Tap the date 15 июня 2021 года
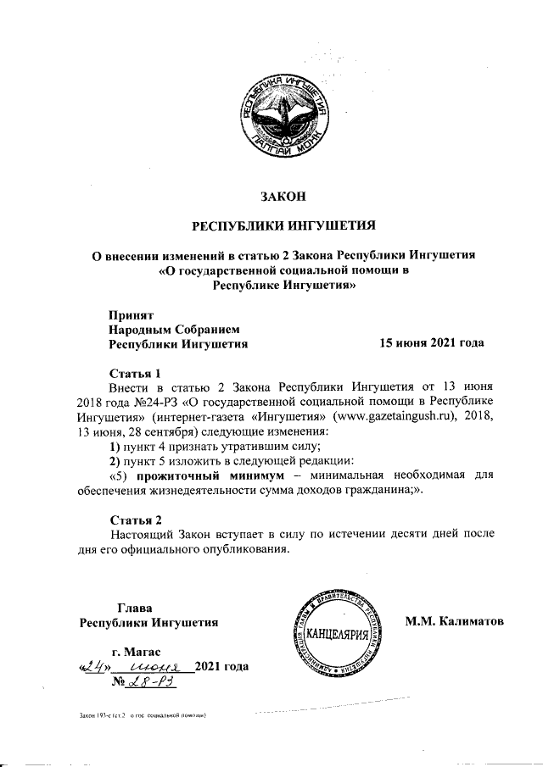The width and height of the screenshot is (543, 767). (431, 343)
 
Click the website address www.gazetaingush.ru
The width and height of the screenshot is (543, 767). (395, 417)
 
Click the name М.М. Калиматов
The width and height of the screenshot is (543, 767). (454, 621)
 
